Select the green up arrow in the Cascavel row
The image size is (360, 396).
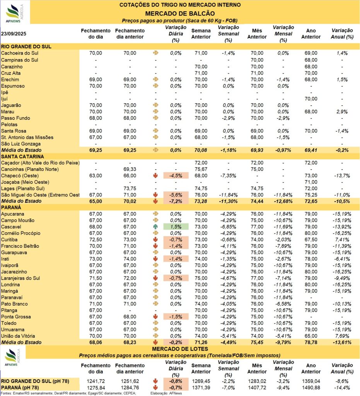pos(156,227)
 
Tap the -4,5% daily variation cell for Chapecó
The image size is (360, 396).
pos(176,176)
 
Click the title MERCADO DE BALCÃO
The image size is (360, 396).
pos(180,13)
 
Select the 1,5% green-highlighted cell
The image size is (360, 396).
pos(176,227)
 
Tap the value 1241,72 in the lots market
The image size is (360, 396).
pos(96,381)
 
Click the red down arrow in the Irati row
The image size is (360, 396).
pos(156,259)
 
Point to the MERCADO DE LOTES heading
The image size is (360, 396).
pos(180,349)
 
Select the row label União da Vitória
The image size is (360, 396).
pos(20,336)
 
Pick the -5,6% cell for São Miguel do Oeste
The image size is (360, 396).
pos(176,195)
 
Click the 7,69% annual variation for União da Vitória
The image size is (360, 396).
pos(342,336)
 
